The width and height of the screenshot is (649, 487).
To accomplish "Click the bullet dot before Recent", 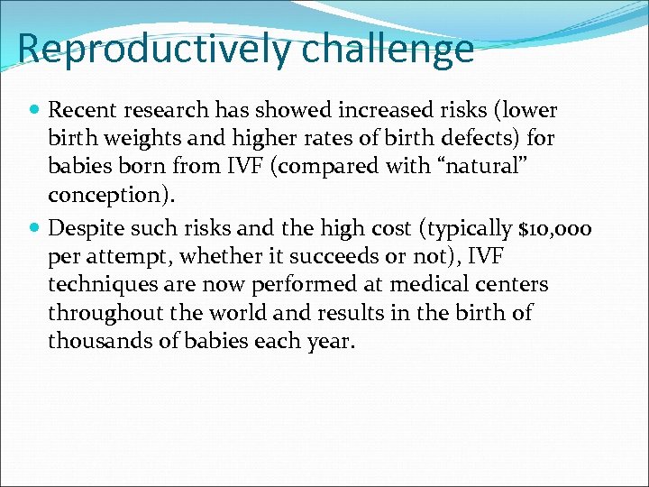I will coord(34,111).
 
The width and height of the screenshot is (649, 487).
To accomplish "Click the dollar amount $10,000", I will coord(551,229).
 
